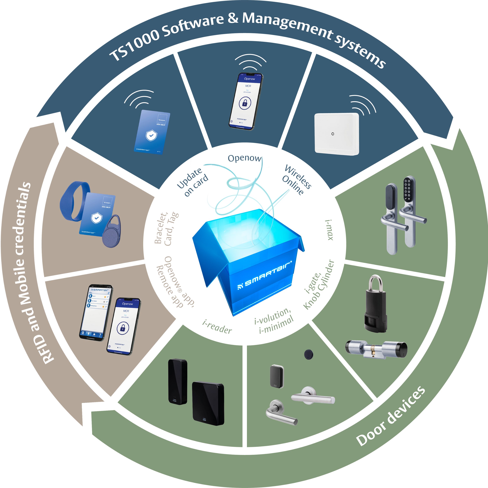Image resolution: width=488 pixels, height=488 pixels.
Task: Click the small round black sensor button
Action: click(308, 354)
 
